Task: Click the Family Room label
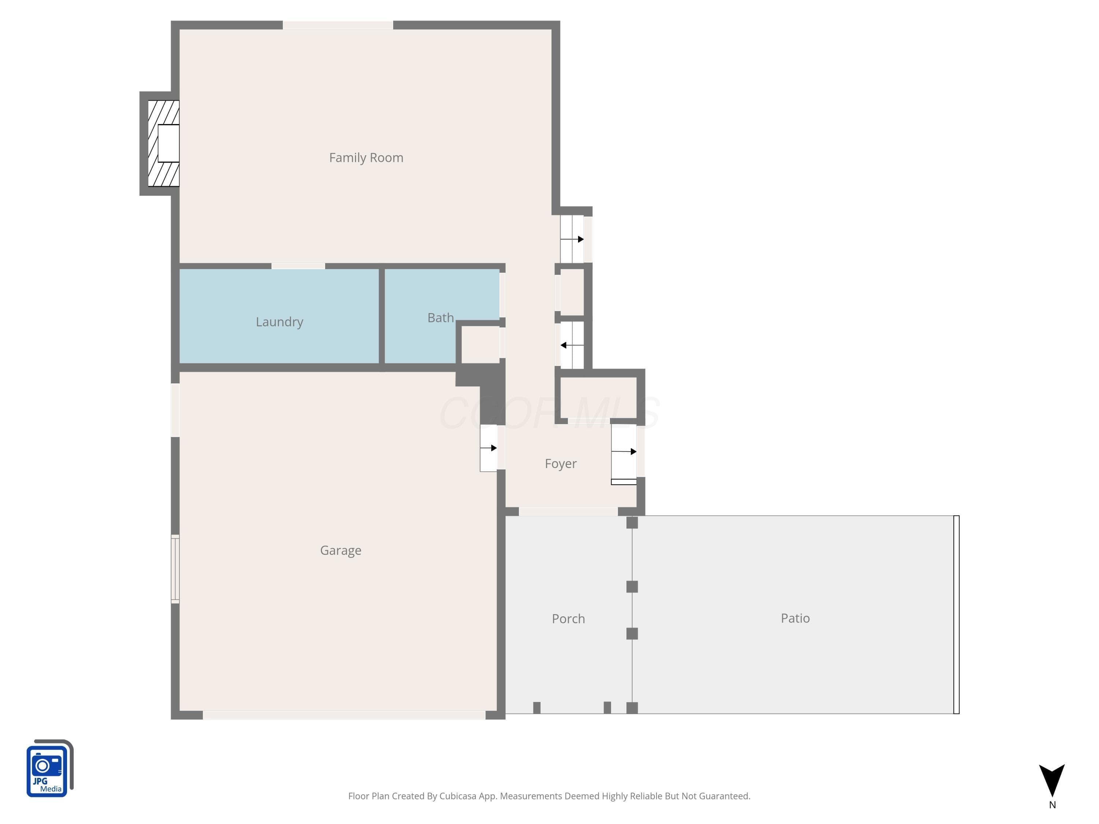(x=366, y=157)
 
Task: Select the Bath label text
(x=441, y=318)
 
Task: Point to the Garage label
(x=340, y=550)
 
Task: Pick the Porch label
(x=569, y=619)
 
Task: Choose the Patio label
(x=795, y=619)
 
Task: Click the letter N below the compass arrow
(x=1052, y=805)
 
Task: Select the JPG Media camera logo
(x=50, y=768)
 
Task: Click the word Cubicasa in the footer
(x=457, y=796)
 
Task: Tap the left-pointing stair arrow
(x=572, y=345)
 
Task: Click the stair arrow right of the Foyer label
(x=624, y=452)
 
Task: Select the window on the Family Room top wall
(x=338, y=25)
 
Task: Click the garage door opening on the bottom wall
(x=344, y=715)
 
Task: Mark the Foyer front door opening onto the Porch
(x=569, y=512)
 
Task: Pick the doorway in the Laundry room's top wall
(x=298, y=266)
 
